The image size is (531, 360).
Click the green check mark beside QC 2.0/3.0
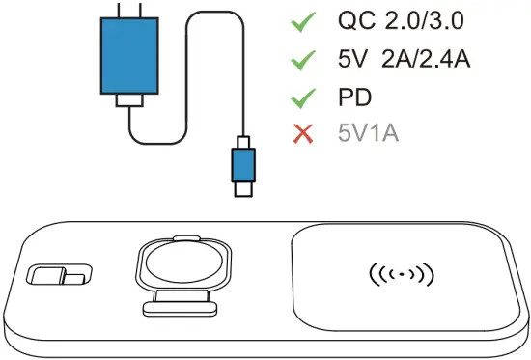tap(306, 20)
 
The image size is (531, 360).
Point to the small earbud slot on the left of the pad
tap(58, 277)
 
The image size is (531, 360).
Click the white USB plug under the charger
tap(129, 102)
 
